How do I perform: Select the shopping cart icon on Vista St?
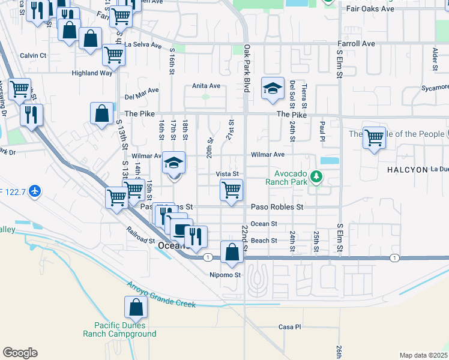(232, 190)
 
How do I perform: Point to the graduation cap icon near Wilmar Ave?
(174, 163)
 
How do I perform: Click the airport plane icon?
(35, 191)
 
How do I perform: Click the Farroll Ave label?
(356, 44)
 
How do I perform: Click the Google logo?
(20, 353)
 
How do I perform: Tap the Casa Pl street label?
(289, 327)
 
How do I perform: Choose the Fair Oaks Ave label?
(370, 9)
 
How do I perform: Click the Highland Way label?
(92, 73)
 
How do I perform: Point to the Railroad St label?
(141, 235)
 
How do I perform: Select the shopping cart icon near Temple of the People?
(374, 138)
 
